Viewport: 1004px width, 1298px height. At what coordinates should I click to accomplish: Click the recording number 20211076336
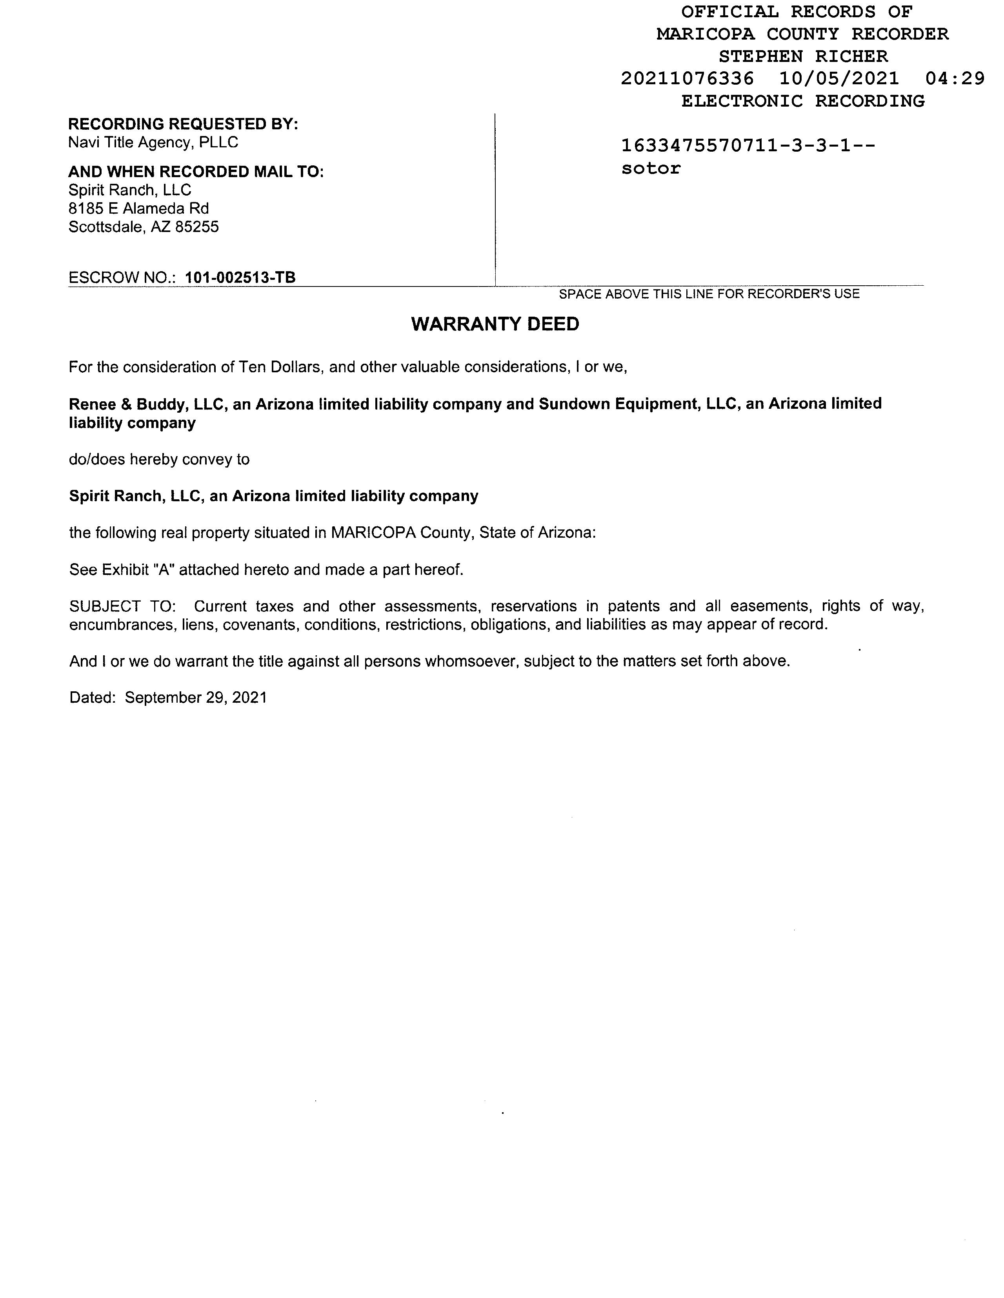point(687,78)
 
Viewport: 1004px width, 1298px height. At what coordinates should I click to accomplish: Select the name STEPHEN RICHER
point(803,56)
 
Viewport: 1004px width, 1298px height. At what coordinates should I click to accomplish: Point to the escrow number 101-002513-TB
point(240,277)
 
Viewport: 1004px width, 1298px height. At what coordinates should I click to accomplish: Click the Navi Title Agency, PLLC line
point(153,143)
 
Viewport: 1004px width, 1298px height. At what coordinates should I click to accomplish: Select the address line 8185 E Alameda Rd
point(138,208)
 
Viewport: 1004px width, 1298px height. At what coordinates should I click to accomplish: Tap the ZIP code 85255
point(197,227)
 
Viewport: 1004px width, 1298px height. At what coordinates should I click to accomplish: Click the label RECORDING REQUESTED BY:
point(183,124)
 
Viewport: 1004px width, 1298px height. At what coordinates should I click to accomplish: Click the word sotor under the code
point(651,169)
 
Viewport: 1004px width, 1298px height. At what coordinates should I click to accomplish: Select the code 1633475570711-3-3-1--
point(748,146)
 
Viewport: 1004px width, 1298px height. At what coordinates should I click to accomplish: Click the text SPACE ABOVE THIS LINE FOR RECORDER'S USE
point(709,294)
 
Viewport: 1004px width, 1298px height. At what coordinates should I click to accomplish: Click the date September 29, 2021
point(196,698)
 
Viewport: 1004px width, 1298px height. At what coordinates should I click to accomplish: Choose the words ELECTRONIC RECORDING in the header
point(803,101)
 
